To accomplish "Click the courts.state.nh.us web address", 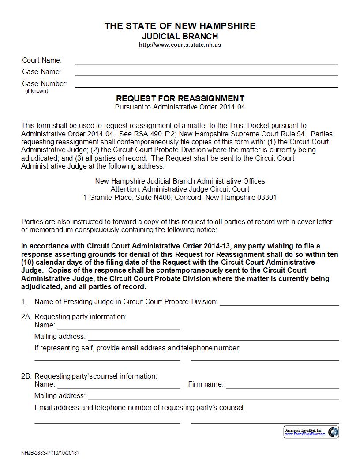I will pos(180,45).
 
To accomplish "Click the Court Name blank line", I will pos(206,61).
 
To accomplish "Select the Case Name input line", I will pos(206,72).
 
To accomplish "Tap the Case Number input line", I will pos(206,84).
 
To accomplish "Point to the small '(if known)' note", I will pos(37,91).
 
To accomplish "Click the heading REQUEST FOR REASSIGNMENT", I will pos(180,98).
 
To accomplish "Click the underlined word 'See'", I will pos(125,134).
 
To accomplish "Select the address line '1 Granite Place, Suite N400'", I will pos(180,198).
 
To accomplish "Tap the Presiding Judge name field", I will pos(279,302).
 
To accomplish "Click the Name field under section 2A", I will pos(119,326).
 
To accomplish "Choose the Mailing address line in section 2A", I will pos(213,337).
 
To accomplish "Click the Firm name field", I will pos(282,385).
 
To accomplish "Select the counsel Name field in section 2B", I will pos(119,385).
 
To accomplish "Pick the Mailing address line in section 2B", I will pos(213,396).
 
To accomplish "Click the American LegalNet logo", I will pos(311,432).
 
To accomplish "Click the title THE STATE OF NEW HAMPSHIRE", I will pos(180,26).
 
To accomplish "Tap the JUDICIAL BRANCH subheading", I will pos(180,36).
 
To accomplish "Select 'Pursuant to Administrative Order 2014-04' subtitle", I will pos(180,107).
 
